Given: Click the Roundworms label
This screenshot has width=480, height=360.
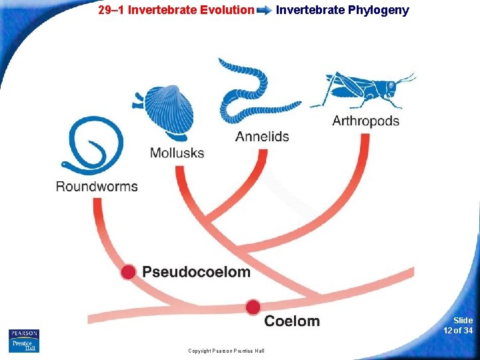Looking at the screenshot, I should point(97,186).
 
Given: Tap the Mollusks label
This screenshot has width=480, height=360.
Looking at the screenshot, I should point(177,153).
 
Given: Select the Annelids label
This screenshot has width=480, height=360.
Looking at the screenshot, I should point(262,137).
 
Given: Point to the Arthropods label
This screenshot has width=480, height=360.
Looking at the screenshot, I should point(365,121).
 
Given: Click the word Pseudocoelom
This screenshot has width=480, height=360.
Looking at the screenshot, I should point(196,272).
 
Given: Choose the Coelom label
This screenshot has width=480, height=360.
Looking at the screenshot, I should point(292,321).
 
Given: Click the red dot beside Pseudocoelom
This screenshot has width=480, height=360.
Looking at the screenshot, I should point(128,271).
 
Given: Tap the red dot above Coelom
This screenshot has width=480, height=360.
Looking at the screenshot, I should point(253,307).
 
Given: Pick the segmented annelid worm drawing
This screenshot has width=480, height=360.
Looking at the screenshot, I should point(257,93).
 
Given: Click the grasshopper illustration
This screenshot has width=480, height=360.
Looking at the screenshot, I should point(363,90).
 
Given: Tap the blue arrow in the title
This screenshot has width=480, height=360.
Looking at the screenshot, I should point(264,11).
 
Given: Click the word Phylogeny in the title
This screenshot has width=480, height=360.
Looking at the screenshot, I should point(379,10).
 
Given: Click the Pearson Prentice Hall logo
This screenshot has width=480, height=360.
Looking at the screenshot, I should point(24,341).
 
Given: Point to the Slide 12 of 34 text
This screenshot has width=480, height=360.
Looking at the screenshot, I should point(459,325).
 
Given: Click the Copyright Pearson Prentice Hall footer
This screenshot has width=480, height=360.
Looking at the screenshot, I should point(226,351).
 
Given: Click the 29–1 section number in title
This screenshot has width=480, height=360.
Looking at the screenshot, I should point(111,10).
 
